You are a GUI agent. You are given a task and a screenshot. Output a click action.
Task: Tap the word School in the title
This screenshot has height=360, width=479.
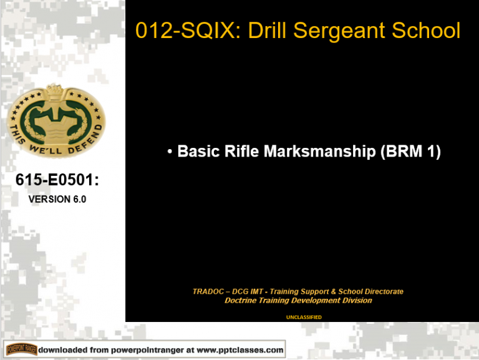430,31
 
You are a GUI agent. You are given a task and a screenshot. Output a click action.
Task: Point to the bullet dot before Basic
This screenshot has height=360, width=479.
170,152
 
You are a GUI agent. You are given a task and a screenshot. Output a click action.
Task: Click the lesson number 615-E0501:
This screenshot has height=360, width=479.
57,181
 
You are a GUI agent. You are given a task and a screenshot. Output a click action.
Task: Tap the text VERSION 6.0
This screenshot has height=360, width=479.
57,200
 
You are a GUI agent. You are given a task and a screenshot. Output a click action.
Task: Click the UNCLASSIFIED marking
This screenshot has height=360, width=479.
303,317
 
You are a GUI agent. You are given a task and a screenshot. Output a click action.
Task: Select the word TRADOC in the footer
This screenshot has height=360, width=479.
210,291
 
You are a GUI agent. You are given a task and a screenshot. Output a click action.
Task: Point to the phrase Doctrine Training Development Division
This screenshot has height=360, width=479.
298,300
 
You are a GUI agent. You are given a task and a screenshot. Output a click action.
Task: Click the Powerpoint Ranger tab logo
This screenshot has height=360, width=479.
21,349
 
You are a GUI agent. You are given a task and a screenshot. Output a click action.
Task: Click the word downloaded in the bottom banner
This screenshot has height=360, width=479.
64,349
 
